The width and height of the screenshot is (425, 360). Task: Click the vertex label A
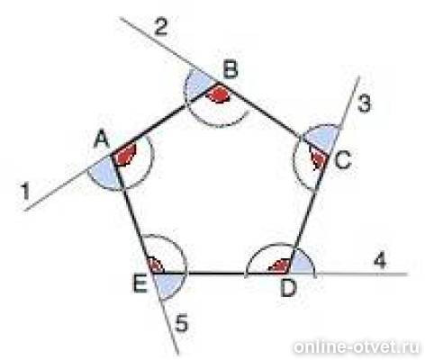click(x=102, y=140)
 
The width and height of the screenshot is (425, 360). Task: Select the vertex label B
click(x=231, y=69)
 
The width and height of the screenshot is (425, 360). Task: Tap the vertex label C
click(x=342, y=160)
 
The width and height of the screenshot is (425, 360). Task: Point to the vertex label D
click(x=288, y=289)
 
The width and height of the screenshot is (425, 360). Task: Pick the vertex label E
click(x=140, y=284)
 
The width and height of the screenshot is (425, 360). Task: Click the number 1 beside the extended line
click(x=25, y=192)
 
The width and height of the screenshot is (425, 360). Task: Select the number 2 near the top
click(x=160, y=28)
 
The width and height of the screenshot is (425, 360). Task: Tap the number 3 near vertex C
click(x=365, y=104)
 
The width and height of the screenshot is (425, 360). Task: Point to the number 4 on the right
click(x=380, y=260)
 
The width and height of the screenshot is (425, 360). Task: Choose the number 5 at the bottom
click(x=182, y=323)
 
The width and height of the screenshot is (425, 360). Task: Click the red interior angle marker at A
click(x=125, y=155)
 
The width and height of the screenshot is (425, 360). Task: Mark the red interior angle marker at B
click(x=220, y=94)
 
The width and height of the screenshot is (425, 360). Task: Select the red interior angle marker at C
click(x=319, y=159)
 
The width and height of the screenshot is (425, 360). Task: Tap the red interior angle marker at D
click(x=281, y=266)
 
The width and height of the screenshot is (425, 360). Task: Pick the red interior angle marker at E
click(x=156, y=265)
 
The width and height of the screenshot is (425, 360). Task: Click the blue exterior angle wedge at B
click(x=199, y=83)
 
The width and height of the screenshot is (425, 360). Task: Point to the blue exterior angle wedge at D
click(x=303, y=264)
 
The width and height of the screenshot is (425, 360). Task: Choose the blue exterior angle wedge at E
click(x=169, y=285)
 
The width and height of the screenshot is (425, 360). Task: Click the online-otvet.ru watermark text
click(x=357, y=347)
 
